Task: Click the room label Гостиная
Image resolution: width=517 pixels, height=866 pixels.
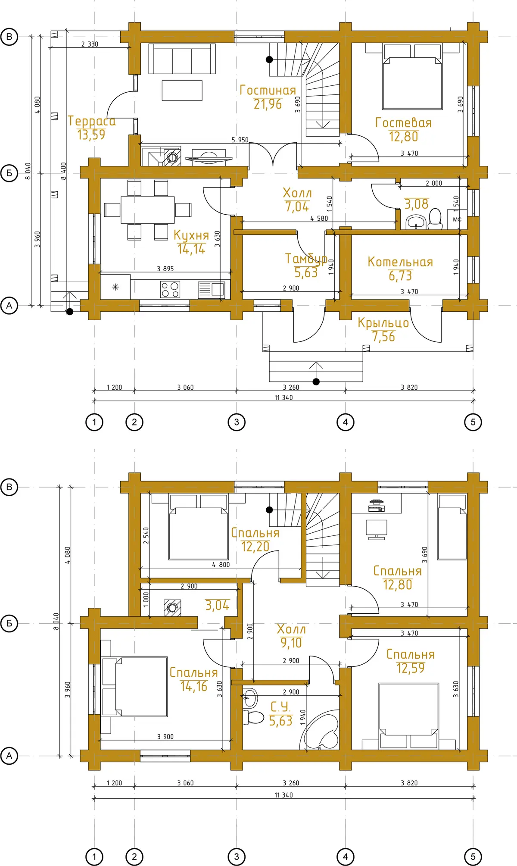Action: (268, 90)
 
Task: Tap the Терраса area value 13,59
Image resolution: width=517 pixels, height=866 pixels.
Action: (91, 135)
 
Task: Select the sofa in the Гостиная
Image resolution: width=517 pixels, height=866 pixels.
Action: (182, 59)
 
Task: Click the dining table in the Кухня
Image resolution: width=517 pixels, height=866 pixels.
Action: (148, 210)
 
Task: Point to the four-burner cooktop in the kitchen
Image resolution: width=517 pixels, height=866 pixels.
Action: (170, 289)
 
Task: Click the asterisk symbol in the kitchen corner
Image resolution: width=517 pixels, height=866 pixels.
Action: (115, 287)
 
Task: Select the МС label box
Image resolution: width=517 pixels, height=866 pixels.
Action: (457, 219)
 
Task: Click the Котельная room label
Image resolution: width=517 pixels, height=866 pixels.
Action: (400, 262)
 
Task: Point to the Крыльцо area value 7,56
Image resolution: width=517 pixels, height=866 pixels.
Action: (383, 337)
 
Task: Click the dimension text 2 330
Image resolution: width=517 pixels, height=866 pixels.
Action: (90, 44)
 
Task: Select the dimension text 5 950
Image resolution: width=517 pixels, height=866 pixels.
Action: (240, 140)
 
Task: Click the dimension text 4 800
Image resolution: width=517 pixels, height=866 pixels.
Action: (221, 564)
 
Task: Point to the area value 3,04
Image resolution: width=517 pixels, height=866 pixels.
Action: (217, 606)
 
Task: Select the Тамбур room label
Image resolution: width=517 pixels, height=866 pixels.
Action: (306, 259)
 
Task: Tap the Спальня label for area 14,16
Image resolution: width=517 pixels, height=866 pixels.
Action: (194, 672)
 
